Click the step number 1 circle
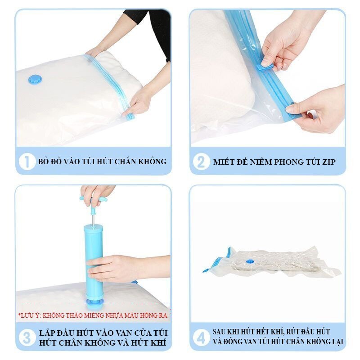[x=27, y=162]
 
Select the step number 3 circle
[x=27, y=338]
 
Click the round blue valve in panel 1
[x=35, y=80]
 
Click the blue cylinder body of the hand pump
[x=94, y=260]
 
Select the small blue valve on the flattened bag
[x=250, y=261]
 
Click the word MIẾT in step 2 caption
[x=221, y=162]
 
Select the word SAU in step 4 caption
[x=219, y=332]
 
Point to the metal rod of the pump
[x=93, y=220]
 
